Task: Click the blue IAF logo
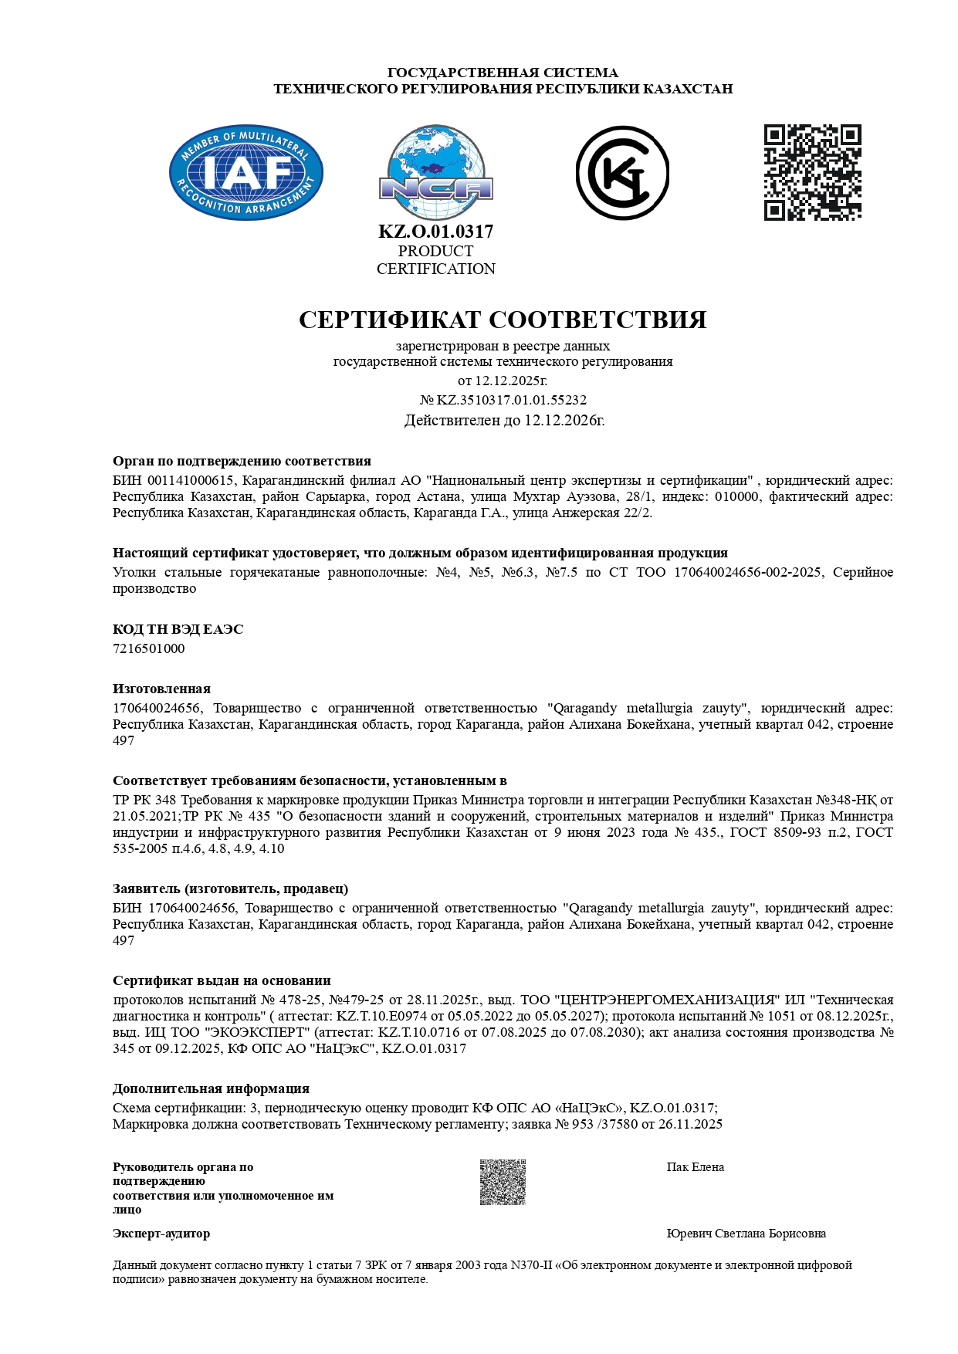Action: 245,172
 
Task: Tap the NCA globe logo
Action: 435,173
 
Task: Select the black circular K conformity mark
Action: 622,173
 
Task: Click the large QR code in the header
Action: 812,172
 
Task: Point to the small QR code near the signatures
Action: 503,1182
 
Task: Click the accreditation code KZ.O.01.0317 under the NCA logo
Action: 435,232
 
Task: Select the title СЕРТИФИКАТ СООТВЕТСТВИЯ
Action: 503,320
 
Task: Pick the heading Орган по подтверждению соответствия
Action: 242,462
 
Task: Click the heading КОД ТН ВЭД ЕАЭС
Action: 178,629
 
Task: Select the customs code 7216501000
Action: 149,648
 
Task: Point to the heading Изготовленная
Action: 161,689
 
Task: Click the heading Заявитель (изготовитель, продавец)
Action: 230,889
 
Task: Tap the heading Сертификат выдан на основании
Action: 222,980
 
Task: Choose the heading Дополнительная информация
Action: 211,1088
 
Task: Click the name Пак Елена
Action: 695,1167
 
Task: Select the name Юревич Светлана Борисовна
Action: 746,1234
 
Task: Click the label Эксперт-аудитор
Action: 161,1234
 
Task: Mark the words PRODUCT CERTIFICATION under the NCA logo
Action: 435,260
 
